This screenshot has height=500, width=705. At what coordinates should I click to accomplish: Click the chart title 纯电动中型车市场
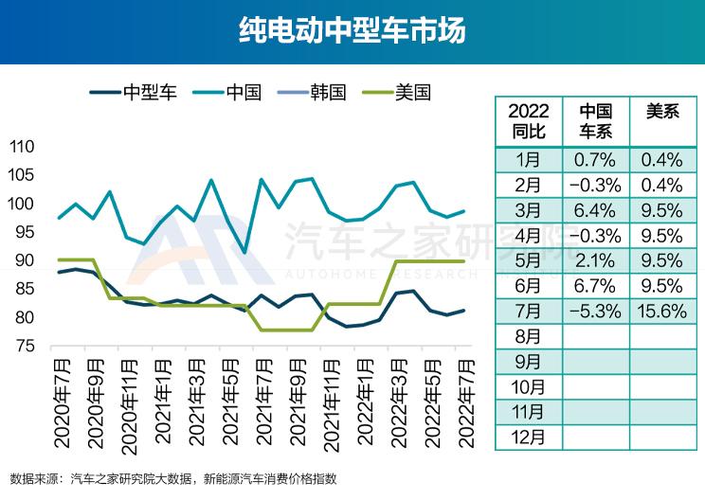coord(352,31)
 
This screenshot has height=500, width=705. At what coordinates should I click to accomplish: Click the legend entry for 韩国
coord(327,93)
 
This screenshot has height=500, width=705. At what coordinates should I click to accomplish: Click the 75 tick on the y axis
coord(25,347)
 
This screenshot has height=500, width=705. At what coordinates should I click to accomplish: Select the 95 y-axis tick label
coord(25,233)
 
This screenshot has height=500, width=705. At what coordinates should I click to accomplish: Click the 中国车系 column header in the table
coord(596,121)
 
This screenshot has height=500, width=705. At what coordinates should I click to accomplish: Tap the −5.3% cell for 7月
coord(596,311)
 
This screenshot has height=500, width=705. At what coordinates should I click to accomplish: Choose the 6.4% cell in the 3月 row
coord(596,209)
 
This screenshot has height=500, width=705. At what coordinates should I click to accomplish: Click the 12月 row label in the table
coord(528,437)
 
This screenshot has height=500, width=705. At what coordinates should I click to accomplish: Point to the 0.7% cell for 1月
coord(596,158)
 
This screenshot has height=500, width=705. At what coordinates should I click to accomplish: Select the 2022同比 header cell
coord(528,121)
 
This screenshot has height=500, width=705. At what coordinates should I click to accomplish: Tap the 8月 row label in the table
coord(528,335)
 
